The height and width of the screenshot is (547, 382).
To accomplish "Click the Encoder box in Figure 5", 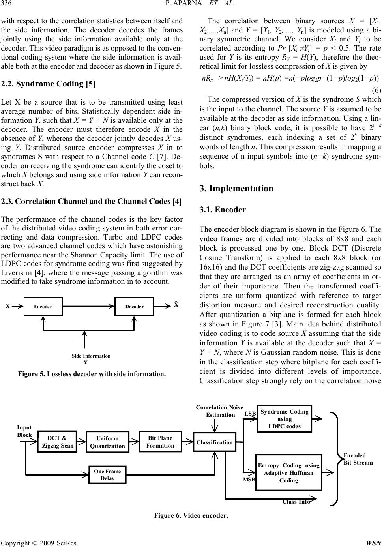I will click(x=43, y=306).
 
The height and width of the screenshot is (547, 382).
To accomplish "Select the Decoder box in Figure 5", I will click(x=134, y=306).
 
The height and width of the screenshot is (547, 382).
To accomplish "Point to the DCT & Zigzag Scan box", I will click(x=57, y=442).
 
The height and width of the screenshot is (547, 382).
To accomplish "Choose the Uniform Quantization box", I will click(x=107, y=442).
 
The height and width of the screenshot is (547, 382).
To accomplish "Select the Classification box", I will click(x=215, y=442).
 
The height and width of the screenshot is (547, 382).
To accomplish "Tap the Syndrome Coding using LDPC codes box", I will click(x=285, y=418).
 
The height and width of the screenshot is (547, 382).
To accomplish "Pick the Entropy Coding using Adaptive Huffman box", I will click(x=288, y=472).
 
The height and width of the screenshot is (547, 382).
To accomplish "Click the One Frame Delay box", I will click(x=107, y=474).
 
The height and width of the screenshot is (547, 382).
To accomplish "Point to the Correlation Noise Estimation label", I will click(x=219, y=411).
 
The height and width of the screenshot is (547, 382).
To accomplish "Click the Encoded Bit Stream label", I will click(x=358, y=459).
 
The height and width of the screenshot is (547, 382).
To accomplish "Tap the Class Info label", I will click(x=296, y=502).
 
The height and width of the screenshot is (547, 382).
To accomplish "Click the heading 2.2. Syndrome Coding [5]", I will click(x=48, y=84).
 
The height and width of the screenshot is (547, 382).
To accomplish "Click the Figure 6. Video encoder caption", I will click(x=191, y=516).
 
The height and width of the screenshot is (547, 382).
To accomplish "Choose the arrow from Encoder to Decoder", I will click(x=88, y=306).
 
